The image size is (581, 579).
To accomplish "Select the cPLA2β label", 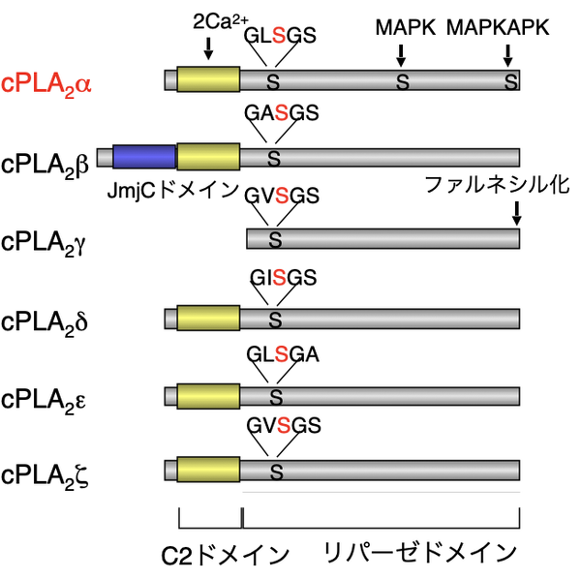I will click(x=46, y=162).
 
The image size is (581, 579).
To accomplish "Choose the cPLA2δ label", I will click(x=46, y=320).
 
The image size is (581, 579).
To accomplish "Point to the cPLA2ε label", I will click(x=46, y=399).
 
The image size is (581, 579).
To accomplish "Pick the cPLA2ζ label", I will click(x=46, y=474).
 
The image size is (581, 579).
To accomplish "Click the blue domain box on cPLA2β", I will click(x=144, y=157).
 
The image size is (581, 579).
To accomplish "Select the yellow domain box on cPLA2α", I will click(x=208, y=79).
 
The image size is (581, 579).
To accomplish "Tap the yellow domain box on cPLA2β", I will click(x=208, y=157).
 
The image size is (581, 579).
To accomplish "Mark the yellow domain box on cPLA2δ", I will click(x=208, y=319).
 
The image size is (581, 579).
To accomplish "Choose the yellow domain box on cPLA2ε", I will click(x=208, y=396).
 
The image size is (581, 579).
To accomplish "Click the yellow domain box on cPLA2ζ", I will click(x=208, y=471).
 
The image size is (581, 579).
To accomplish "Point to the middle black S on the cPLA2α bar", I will click(x=403, y=83).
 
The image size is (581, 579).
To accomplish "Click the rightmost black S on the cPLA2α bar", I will click(x=511, y=83).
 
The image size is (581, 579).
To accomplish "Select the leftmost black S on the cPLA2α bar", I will click(x=273, y=83).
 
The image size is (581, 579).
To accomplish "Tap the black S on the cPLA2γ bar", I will click(x=275, y=238).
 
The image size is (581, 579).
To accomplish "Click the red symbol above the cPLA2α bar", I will click(x=279, y=36).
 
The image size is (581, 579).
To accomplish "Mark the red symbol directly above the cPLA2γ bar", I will click(x=282, y=197).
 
